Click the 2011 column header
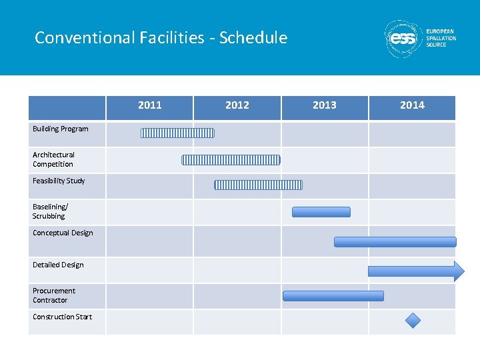[149, 105]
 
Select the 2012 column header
[237, 105]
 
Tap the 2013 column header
[325, 105]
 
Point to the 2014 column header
[412, 105]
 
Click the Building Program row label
[61, 129]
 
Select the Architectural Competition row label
[54, 159]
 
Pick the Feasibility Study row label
[59, 181]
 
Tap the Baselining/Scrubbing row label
[50, 211]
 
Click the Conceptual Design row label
[63, 233]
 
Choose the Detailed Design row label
[58, 265]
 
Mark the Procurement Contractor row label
[54, 295]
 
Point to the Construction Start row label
[63, 317]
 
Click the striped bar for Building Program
[177, 133]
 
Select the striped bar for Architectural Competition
[231, 159]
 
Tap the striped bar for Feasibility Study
[258, 185]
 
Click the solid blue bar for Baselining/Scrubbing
[321, 212]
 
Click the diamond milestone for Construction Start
[413, 321]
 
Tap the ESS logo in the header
[403, 39]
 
